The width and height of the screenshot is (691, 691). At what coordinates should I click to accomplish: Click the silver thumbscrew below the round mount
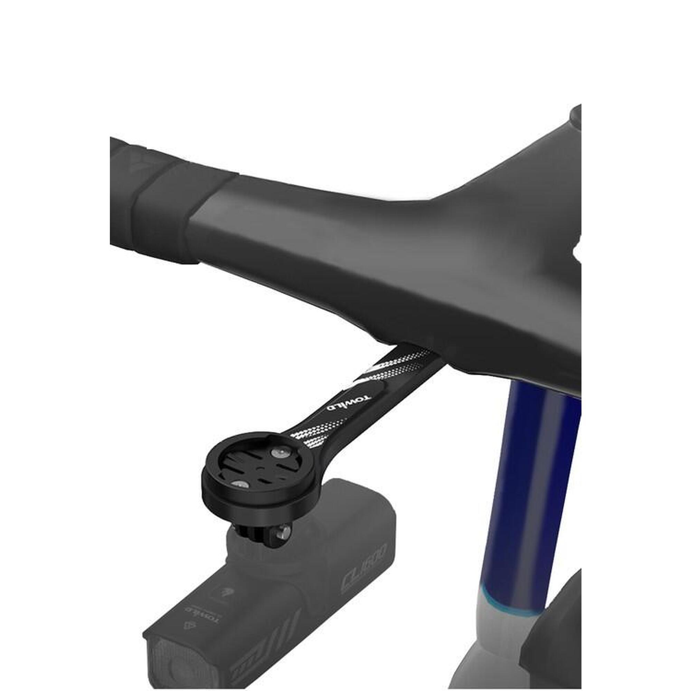pos(286,532)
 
